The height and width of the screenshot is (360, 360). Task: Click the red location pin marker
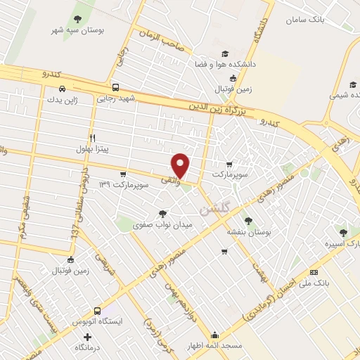(181, 165)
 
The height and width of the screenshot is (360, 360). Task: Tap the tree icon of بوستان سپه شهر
(77, 20)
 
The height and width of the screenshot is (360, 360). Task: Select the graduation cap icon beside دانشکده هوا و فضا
(224, 53)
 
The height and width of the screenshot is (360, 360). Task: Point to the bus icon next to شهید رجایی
(115, 89)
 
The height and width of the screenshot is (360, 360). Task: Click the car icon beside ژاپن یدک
(63, 89)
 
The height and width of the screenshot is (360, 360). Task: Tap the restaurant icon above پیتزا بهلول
(92, 138)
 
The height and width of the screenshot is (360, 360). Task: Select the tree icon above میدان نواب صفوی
(163, 213)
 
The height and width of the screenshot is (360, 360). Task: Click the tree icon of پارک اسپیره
(343, 232)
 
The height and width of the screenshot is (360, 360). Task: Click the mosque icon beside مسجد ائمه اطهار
(215, 335)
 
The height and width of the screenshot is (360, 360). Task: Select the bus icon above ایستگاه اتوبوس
(96, 310)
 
